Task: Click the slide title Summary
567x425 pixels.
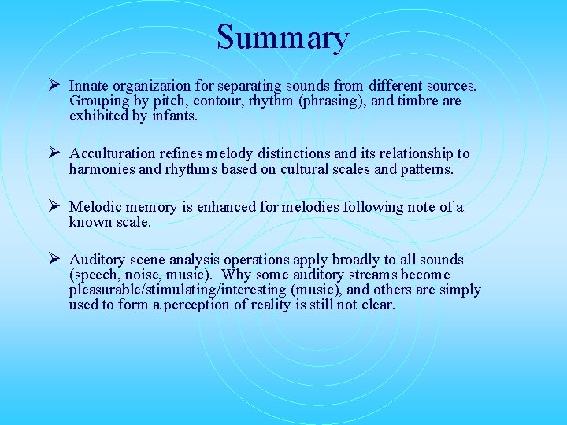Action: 283,38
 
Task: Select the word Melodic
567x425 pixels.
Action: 95,207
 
